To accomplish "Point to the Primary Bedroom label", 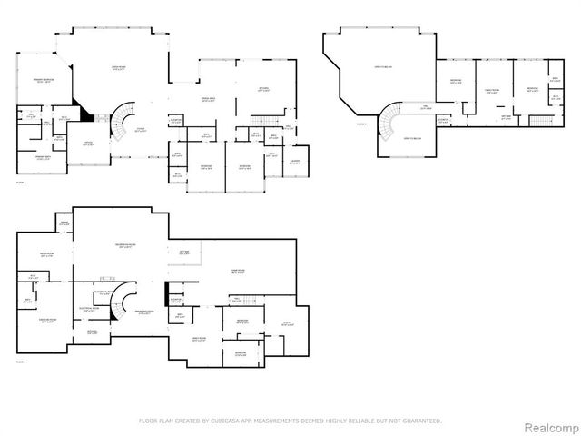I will click(36, 82).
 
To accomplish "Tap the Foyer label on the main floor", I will click(141, 129).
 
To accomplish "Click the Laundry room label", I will click(294, 161).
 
